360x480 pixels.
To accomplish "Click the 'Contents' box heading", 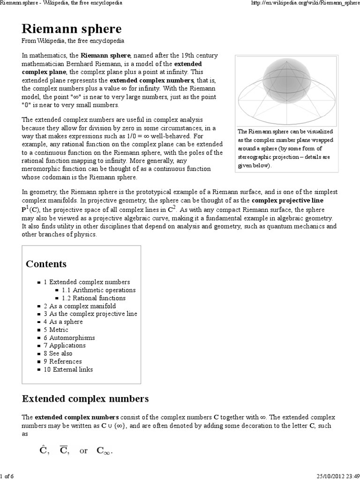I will pyautogui.click(x=46, y=264).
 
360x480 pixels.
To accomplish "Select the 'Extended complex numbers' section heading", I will pyautogui.click(x=85, y=399).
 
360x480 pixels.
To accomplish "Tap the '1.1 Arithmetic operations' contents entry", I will pyautogui.click(x=98, y=290).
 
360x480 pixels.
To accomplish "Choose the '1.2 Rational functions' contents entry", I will pyautogui.click(x=93, y=298).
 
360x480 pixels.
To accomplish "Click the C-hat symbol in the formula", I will pyautogui.click(x=43, y=450).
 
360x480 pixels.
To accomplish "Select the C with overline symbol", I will pyautogui.click(x=64, y=450).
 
